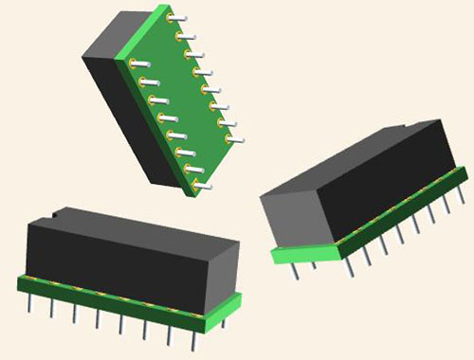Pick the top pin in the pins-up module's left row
click(139, 63)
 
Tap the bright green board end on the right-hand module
click(303, 253)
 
